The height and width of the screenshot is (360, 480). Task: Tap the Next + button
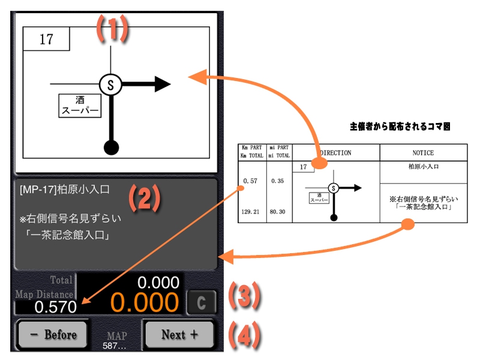pos(179,334)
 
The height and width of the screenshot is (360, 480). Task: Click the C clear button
pos(200,302)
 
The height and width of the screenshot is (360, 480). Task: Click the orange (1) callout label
pos(113,28)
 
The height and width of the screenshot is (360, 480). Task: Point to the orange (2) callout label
pos(145,199)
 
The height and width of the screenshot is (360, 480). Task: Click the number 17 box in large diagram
pos(46,40)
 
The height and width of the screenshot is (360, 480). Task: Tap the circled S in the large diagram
pos(110,85)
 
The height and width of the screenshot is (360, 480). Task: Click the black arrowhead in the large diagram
pos(162,85)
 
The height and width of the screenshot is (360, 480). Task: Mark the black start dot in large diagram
pos(110,146)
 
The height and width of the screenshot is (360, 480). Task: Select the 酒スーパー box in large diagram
pos(79,106)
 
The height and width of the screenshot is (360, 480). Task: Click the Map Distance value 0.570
pos(55,307)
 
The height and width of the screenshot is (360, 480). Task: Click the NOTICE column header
pos(423,153)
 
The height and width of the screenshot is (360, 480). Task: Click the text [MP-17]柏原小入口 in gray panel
pos(64,190)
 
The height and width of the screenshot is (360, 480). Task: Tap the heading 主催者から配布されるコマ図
pos(400,127)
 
